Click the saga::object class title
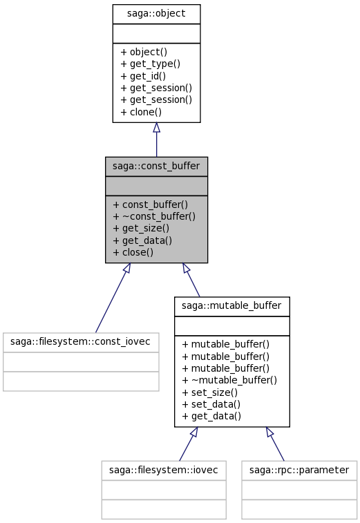[x=156, y=14]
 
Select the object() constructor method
[x=144, y=52]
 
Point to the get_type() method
[x=150, y=64]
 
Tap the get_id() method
[x=143, y=76]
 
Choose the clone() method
[x=141, y=112]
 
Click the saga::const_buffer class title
[x=156, y=166]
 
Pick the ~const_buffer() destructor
[x=154, y=216]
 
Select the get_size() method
[x=141, y=229]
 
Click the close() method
[x=133, y=252]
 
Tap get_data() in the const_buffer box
[x=142, y=240]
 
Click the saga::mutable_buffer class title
[x=231, y=305]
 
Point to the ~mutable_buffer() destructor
[x=229, y=380]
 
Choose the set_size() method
[x=210, y=392]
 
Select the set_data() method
[x=211, y=404]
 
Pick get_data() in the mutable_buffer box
[x=211, y=417]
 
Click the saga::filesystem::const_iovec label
[x=80, y=341]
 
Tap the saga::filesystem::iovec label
[x=164, y=470]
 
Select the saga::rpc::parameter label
[x=299, y=470]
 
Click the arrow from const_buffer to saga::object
[x=156, y=140]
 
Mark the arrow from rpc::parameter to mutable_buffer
[x=275, y=444]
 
